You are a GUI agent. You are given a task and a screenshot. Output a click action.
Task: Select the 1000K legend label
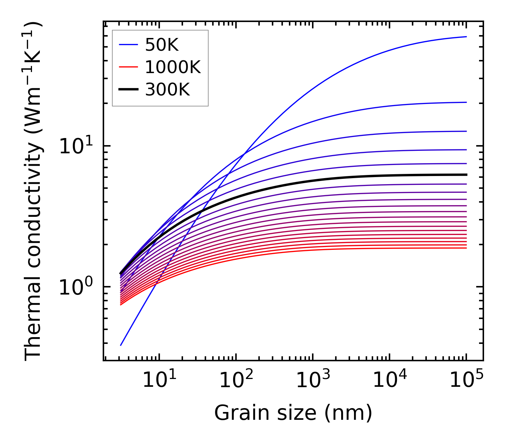tap(173, 67)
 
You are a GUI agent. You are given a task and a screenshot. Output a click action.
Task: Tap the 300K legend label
tap(167, 90)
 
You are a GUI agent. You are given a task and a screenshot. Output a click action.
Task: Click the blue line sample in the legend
tap(128, 45)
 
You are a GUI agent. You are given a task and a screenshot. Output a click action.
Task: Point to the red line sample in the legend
tap(128, 67)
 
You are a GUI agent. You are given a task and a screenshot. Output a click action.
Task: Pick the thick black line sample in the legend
tap(128, 90)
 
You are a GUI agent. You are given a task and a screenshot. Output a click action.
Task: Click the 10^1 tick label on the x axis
tap(159, 380)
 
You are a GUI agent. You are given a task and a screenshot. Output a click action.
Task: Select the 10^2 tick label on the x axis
tap(236, 380)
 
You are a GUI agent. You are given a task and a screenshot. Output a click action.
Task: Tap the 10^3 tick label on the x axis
tap(312, 380)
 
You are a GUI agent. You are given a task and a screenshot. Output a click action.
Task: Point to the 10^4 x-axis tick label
tap(390, 380)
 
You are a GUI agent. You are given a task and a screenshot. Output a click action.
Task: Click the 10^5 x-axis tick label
tap(466, 380)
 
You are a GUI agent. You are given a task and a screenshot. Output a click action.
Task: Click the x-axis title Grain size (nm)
tap(293, 413)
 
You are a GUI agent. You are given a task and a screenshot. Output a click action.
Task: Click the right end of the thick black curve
tap(466, 175)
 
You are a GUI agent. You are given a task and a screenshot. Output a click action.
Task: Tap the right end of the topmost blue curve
tap(466, 37)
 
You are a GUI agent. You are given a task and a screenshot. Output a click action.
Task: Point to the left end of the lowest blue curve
tap(121, 345)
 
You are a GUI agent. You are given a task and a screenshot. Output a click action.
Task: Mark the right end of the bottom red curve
tap(466, 248)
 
